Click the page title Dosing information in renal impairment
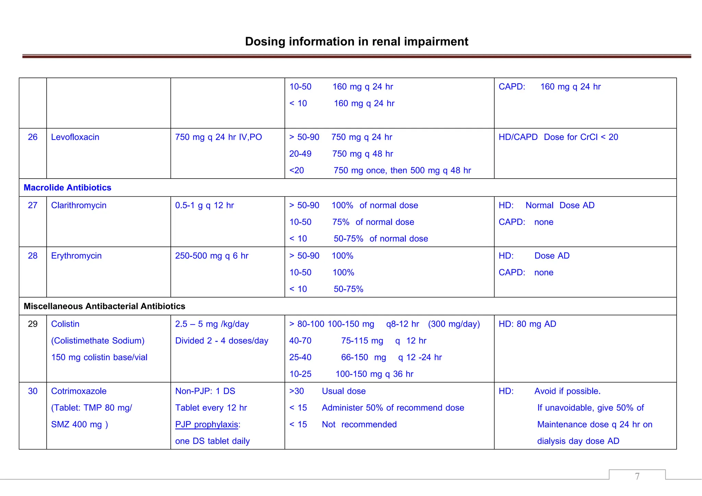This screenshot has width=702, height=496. click(356, 41)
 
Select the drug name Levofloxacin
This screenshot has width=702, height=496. click(75, 137)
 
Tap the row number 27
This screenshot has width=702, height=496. click(33, 205)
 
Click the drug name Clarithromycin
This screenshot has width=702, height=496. click(78, 205)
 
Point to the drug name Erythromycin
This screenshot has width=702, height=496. click(76, 256)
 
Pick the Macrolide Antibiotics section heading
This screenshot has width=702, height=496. click(68, 187)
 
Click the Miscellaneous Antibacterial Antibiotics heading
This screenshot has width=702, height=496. click(104, 306)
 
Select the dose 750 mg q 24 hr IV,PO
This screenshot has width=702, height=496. click(218, 137)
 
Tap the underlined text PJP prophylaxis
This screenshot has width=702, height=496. click(207, 424)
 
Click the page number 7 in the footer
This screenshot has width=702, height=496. click(637, 476)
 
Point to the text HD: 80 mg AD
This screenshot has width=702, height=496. click(527, 324)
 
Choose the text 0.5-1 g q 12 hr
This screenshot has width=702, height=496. click(204, 205)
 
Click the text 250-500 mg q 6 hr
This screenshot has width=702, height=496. click(211, 256)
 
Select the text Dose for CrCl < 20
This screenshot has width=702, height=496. click(581, 137)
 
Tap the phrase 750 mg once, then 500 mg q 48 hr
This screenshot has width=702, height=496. click(402, 170)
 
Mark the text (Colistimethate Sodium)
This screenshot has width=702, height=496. click(98, 341)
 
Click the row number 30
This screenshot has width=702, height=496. click(33, 391)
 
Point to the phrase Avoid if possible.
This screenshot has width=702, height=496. click(567, 391)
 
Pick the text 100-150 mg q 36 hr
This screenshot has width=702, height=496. click(374, 374)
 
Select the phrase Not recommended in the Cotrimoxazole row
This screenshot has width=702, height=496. click(359, 424)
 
